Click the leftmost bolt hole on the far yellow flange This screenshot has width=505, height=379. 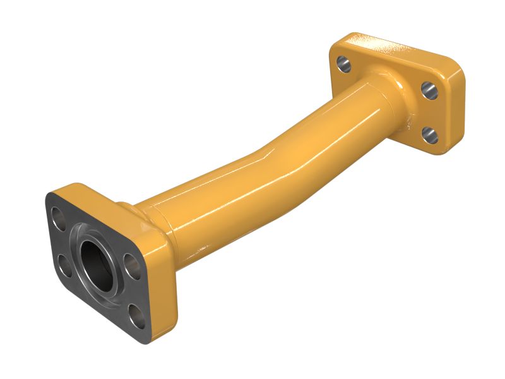tap(343, 63)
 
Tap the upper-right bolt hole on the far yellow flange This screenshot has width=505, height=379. tap(429, 90)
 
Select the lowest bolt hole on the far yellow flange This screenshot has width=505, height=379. tap(429, 133)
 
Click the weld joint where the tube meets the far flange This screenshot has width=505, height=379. tap(398, 95)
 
